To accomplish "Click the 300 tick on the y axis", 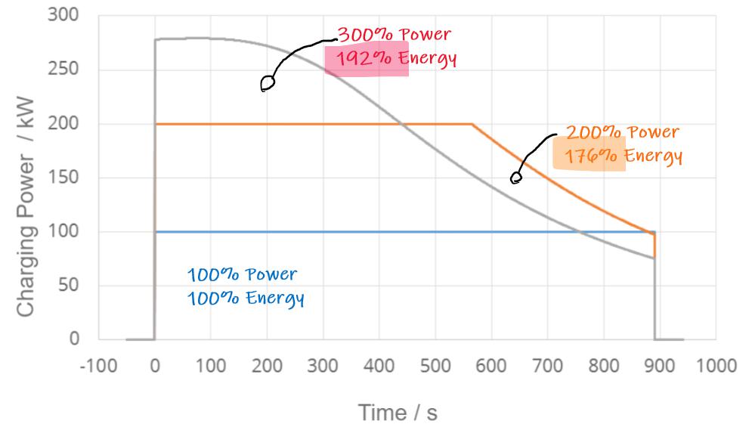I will (x=67, y=16).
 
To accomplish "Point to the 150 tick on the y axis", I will (x=67, y=178).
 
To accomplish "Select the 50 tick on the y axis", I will (x=70, y=286).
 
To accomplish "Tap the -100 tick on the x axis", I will (x=98, y=367).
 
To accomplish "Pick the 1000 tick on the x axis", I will (x=716, y=367).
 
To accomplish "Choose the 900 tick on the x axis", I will (x=660, y=367).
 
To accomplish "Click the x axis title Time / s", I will (x=398, y=413).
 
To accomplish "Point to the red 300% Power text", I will (x=394, y=35).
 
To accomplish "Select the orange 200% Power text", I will (x=622, y=133).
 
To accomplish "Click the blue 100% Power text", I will (x=242, y=274).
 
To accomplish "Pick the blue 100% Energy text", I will (x=246, y=299).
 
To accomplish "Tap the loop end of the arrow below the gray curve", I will (x=267, y=83).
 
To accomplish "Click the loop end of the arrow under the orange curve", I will (x=516, y=178).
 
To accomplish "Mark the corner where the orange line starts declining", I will (x=472, y=124).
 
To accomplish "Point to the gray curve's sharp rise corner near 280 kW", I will (x=155, y=39).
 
